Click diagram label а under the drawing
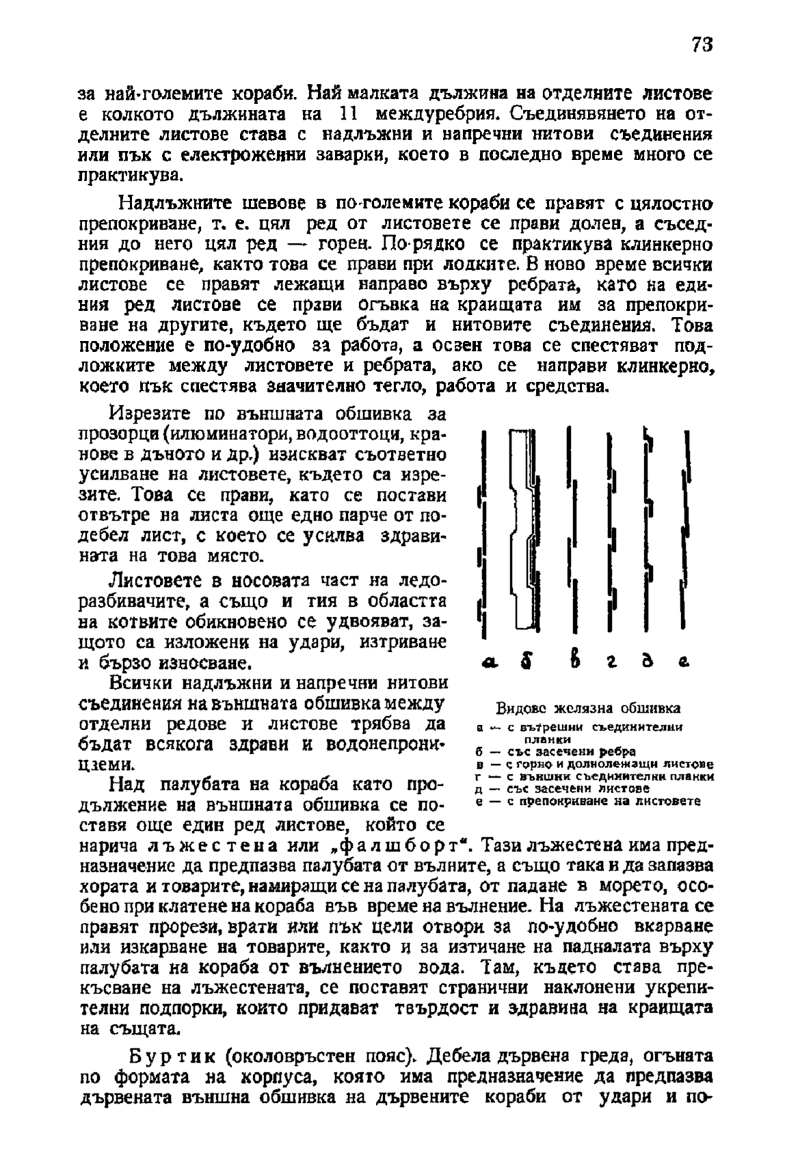pos(488,662)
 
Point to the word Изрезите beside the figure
pos(142,413)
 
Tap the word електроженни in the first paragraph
pos(244,155)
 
